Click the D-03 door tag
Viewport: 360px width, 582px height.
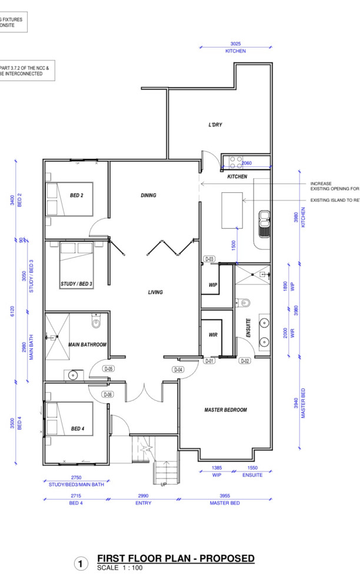(x=209, y=259)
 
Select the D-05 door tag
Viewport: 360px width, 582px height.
(x=108, y=369)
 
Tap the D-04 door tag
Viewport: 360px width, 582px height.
(x=179, y=369)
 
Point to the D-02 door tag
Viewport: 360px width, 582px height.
(x=245, y=361)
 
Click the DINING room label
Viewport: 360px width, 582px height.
(x=148, y=195)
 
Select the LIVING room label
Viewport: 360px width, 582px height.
(x=155, y=292)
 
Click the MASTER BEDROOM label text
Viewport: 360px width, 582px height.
(x=225, y=410)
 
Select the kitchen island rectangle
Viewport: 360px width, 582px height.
(x=232, y=210)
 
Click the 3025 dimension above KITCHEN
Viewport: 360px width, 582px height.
(x=236, y=44)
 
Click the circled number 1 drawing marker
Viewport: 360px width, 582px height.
(x=81, y=564)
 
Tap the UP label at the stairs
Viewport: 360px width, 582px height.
(x=164, y=485)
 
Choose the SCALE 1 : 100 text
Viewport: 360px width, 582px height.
(x=119, y=568)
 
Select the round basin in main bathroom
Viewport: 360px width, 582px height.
(x=74, y=374)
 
